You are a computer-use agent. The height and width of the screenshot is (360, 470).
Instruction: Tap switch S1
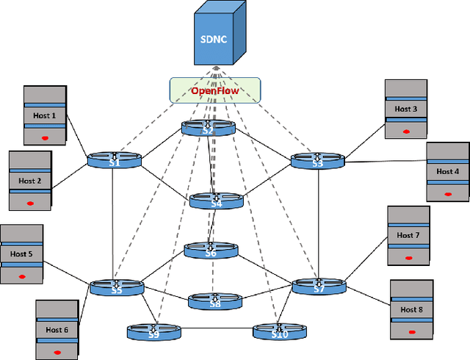[x=115, y=160]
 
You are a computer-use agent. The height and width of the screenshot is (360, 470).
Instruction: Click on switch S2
[x=209, y=128]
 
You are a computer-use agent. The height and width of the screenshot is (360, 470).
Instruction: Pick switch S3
[x=317, y=160]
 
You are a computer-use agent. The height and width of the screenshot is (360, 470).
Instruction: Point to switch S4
[x=216, y=201]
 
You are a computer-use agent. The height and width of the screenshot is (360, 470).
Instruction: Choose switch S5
[x=116, y=287]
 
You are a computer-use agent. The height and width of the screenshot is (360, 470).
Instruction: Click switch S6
[x=211, y=251]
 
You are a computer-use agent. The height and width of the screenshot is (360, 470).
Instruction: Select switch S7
[x=319, y=287]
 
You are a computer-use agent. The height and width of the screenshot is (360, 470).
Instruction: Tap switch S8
[x=214, y=300]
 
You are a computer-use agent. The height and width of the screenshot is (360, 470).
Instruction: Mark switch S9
[x=153, y=331]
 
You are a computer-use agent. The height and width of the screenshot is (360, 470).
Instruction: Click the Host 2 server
[x=29, y=181]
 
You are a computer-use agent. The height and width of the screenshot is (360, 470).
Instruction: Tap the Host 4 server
[x=447, y=172]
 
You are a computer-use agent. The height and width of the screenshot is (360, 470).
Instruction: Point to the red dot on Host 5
[x=21, y=276]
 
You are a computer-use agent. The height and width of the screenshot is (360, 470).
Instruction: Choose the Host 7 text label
[x=408, y=236]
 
